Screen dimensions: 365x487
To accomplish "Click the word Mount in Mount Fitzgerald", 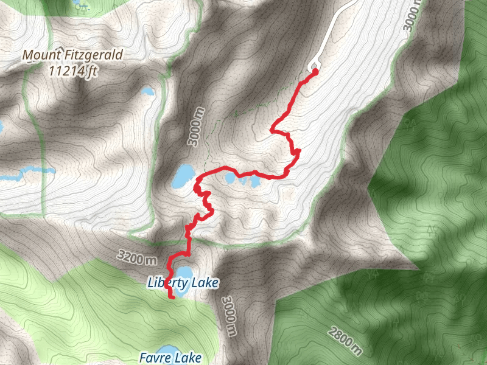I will coord(38,55).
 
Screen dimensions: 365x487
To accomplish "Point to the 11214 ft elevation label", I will coord(71,70).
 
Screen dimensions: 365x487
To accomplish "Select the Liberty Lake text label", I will coord(183,283).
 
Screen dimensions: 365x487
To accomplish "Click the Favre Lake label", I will coord(170,358).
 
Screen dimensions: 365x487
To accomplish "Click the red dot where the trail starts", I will coord(315,72).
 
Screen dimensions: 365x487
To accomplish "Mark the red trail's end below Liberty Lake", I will coord(173,297).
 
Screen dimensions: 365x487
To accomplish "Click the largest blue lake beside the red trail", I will coord(182,176).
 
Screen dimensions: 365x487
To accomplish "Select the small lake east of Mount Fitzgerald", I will coord(147,92).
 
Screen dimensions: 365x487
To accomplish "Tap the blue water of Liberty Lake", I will coord(183,271).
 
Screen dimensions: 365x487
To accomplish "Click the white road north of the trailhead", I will coord(332,30).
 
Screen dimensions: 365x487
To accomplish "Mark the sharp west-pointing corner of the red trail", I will coord(272,130).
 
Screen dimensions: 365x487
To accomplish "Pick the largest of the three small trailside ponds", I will coord(230,178).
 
